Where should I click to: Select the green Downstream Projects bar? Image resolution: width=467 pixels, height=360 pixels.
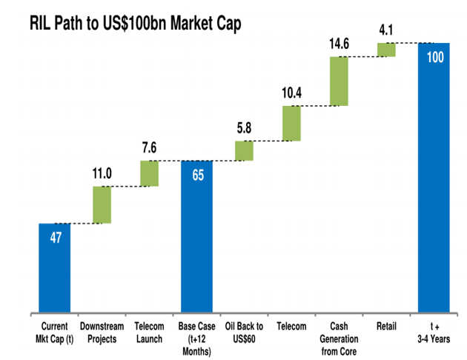pos(102,204)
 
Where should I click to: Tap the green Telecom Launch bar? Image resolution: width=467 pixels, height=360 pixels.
pos(149,173)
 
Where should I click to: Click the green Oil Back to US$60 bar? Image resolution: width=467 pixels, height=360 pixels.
pos(245,150)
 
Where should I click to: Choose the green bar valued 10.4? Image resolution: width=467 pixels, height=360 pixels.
pos(291,123)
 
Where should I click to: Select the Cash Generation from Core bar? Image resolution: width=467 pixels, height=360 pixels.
pos(339,81)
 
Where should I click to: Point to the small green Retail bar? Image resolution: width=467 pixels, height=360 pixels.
pos(386,50)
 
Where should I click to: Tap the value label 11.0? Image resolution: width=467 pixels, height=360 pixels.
pos(102,174)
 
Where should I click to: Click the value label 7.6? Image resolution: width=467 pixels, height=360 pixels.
pos(149,148)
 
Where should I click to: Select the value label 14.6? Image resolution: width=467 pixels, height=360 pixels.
pos(339,44)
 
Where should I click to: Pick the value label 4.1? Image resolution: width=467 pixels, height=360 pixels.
pos(386,30)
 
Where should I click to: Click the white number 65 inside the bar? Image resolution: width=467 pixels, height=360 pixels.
pos(197,176)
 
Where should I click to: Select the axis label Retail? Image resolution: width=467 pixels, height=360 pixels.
pos(385,326)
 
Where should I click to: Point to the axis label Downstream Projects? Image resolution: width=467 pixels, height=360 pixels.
pos(102,331)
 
